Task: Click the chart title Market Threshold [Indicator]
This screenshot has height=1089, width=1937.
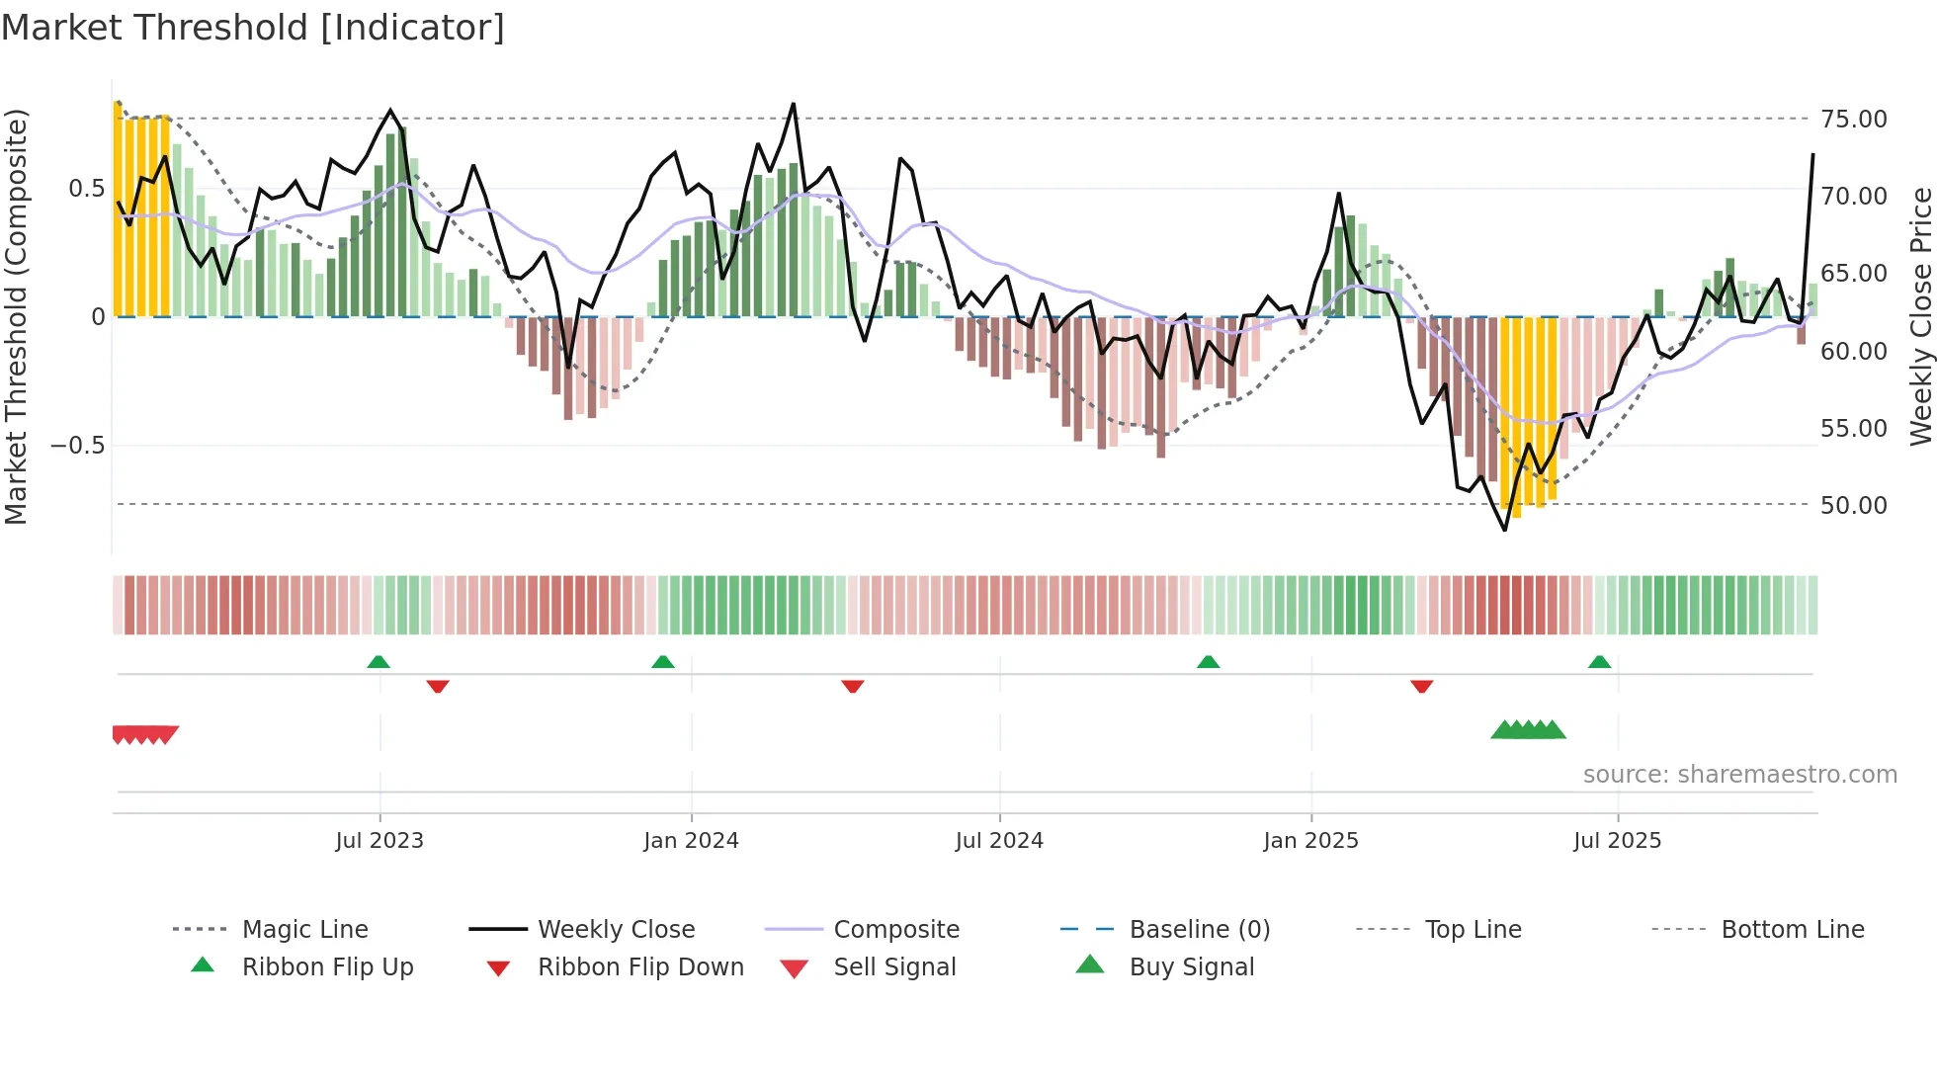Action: pyautogui.click(x=253, y=28)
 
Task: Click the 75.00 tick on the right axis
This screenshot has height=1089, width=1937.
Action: pyautogui.click(x=1853, y=120)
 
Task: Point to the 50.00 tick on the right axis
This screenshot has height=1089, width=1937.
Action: pyautogui.click(x=1853, y=505)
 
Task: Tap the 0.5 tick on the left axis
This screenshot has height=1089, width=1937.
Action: pyautogui.click(x=86, y=189)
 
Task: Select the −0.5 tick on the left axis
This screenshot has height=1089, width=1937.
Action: pyautogui.click(x=78, y=446)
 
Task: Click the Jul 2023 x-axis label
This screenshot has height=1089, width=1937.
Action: pyautogui.click(x=379, y=841)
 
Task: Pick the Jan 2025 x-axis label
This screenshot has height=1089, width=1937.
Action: pyautogui.click(x=1310, y=841)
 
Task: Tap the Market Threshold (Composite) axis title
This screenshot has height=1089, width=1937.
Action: pyautogui.click(x=16, y=316)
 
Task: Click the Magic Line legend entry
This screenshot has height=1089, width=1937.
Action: pyautogui.click(x=304, y=930)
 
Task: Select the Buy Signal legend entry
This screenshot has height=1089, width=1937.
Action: pyautogui.click(x=1191, y=967)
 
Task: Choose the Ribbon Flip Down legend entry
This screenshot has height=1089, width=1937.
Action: pyautogui.click(x=639, y=967)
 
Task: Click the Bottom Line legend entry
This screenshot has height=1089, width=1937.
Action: pyautogui.click(x=1792, y=930)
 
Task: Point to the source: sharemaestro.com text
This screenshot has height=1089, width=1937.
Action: pyautogui.click(x=1739, y=775)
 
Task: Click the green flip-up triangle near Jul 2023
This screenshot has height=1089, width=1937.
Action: pyautogui.click(x=379, y=662)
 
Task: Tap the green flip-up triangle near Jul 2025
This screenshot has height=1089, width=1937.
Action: pyautogui.click(x=1599, y=662)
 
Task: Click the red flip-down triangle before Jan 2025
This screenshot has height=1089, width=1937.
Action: pyautogui.click(x=1422, y=686)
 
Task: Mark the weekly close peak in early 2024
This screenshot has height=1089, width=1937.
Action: pyautogui.click(x=793, y=104)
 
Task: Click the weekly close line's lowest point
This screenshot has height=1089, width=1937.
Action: pyautogui.click(x=1505, y=530)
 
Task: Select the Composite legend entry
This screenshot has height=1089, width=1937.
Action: pyautogui.click(x=895, y=930)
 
